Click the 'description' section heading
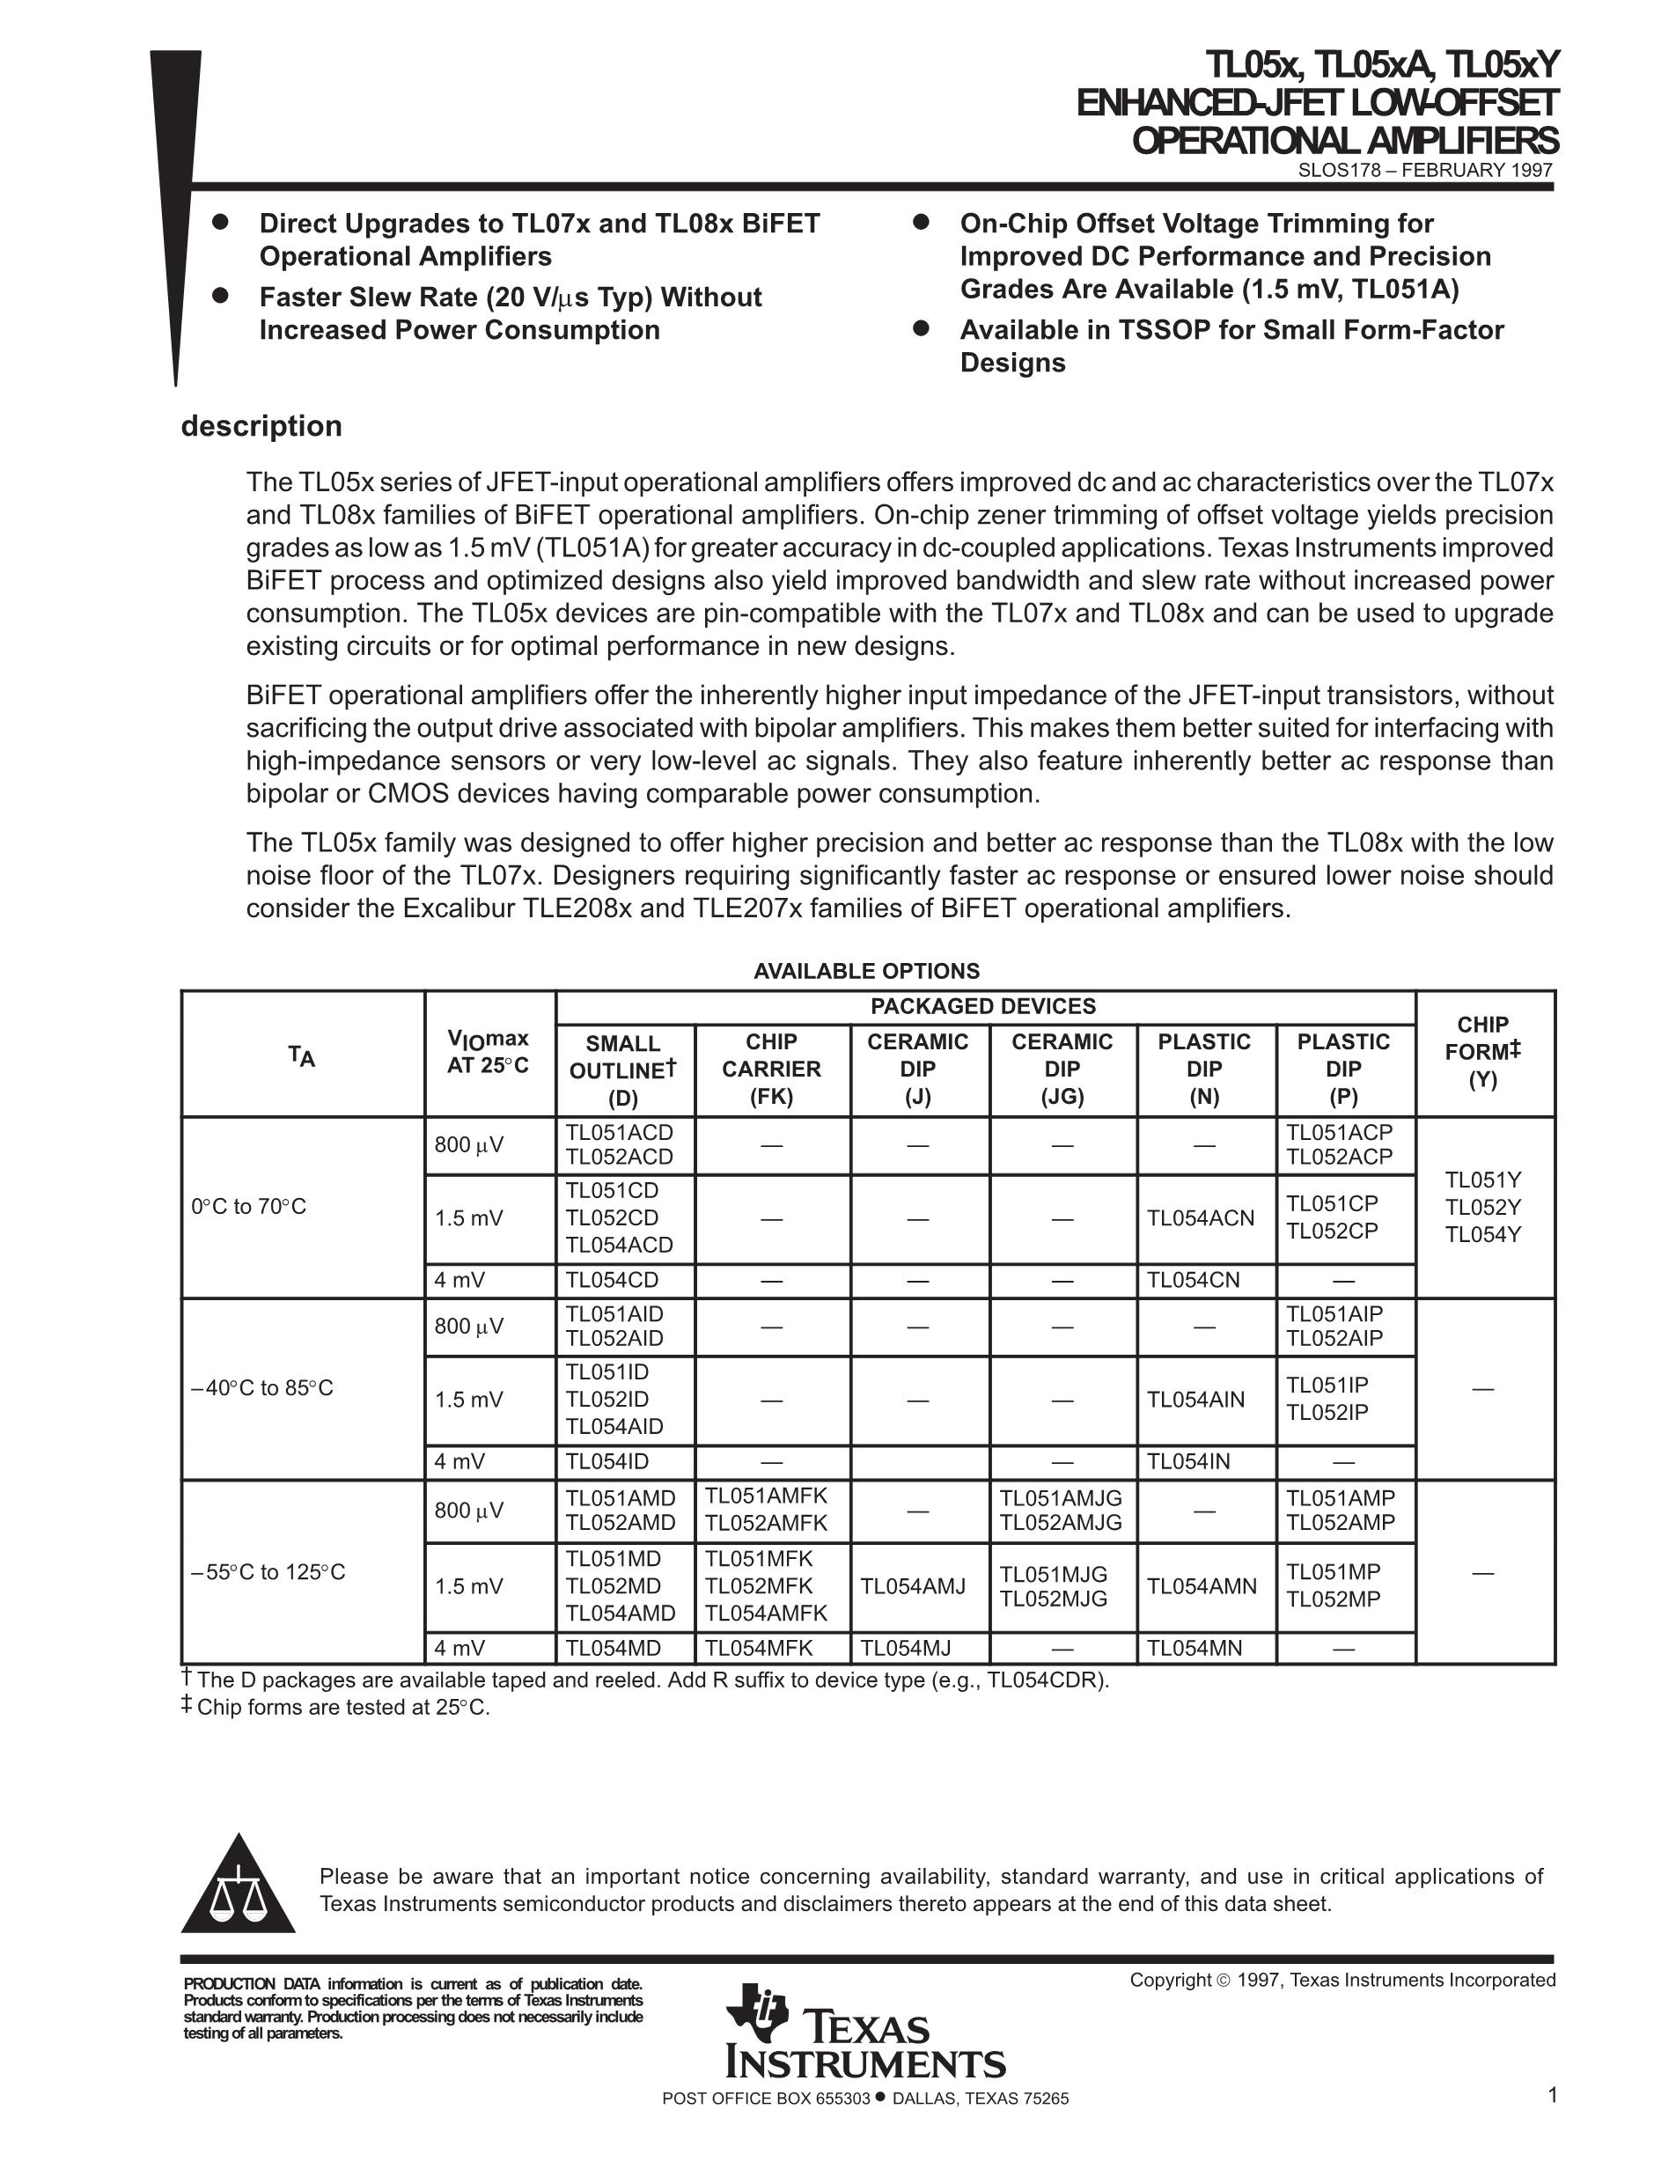pyautogui.click(x=261, y=426)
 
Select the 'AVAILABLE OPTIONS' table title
pyautogui.click(x=866, y=971)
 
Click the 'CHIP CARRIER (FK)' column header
pyautogui.click(x=771, y=1069)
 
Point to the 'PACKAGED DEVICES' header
pyautogui.click(x=983, y=1006)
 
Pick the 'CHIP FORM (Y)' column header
pyautogui.click(x=1482, y=1052)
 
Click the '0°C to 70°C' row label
pyautogui.click(x=248, y=1207)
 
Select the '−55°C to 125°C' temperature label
pyautogui.click(x=268, y=1572)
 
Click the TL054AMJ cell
pyautogui.click(x=913, y=1587)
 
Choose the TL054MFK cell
pyautogui.click(x=759, y=1649)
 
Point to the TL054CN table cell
pyautogui.click(x=1194, y=1280)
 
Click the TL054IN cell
pyautogui.click(x=1188, y=1462)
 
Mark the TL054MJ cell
pyautogui.click(x=905, y=1649)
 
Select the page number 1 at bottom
pyautogui.click(x=1552, y=2096)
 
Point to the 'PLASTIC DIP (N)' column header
pyautogui.click(x=1203, y=1069)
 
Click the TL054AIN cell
pyautogui.click(x=1195, y=1401)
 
